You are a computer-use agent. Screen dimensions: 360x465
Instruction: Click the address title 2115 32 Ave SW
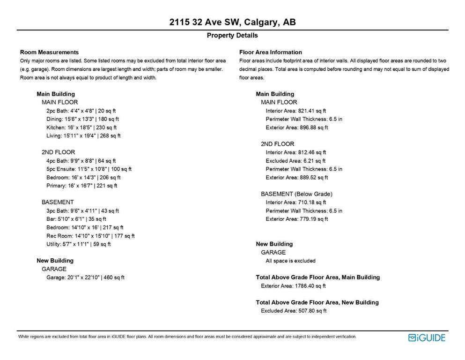(x=232, y=22)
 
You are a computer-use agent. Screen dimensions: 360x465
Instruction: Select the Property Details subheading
(x=232, y=36)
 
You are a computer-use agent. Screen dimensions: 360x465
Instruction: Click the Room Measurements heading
(x=49, y=52)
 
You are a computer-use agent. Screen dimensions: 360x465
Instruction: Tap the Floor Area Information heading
(x=270, y=52)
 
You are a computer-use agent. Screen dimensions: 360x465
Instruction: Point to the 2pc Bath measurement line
(x=81, y=111)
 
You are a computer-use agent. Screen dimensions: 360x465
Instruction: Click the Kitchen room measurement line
(x=81, y=127)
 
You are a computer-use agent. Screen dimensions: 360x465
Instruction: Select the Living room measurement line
(x=83, y=136)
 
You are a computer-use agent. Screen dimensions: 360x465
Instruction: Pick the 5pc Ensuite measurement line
(x=89, y=169)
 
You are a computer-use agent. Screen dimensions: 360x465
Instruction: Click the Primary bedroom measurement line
(x=82, y=186)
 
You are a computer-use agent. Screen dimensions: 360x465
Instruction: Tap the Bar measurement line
(x=76, y=219)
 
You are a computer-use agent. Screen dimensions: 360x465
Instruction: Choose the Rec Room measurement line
(x=90, y=236)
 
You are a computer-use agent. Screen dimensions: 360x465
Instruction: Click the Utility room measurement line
(x=79, y=244)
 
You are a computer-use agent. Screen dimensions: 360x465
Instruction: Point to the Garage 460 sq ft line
(x=85, y=277)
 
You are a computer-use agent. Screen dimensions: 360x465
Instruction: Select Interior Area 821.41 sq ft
(x=295, y=111)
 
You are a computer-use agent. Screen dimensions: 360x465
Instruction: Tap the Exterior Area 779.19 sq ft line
(x=297, y=219)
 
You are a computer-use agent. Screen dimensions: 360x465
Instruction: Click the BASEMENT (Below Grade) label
(x=296, y=194)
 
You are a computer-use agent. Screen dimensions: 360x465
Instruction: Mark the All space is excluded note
(x=290, y=261)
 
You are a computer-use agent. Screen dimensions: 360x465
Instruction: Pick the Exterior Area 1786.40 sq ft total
(x=293, y=286)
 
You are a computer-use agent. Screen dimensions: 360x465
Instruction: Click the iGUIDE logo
(x=427, y=337)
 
